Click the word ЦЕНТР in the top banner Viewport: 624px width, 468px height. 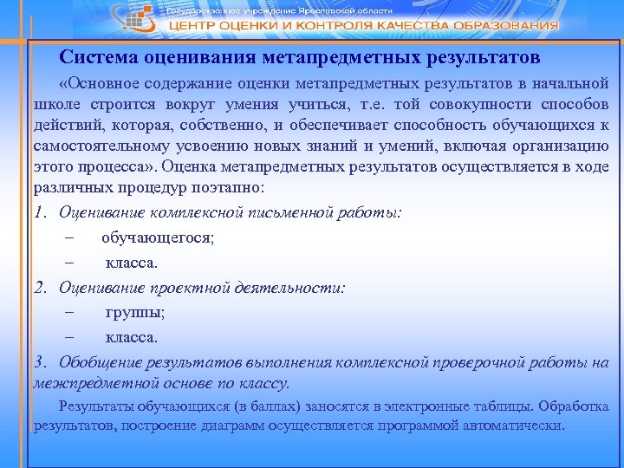pyautogui.click(x=192, y=26)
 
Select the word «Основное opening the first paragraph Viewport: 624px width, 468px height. pyautogui.click(x=102, y=84)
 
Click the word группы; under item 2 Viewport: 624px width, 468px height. pyautogui.click(x=135, y=311)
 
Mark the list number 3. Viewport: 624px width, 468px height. pyautogui.click(x=39, y=361)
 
